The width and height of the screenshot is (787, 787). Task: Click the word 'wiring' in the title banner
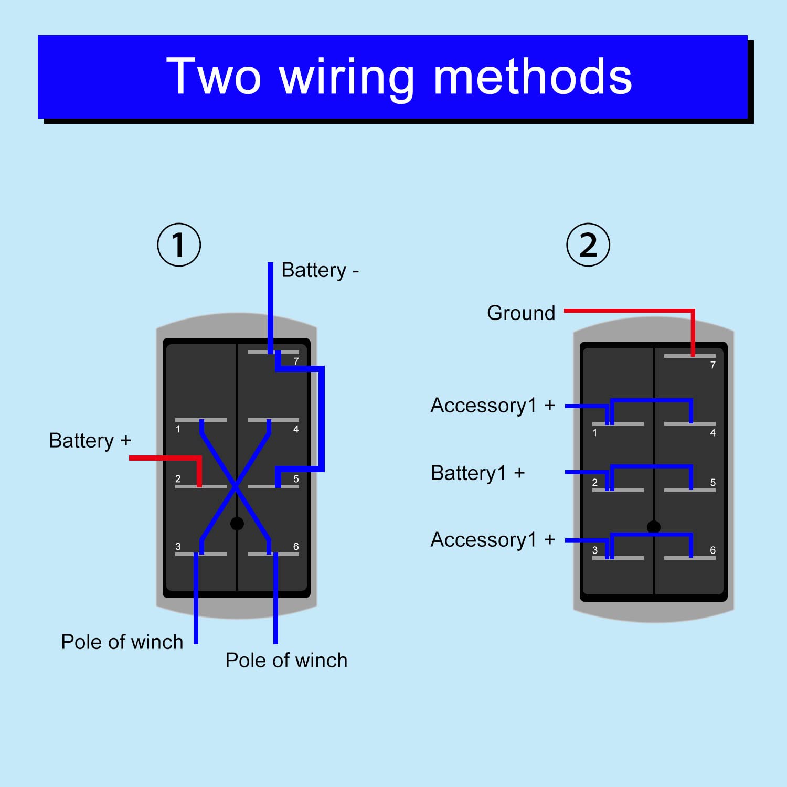346,78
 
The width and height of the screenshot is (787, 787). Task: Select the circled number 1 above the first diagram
179,245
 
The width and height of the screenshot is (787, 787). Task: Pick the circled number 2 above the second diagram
588,245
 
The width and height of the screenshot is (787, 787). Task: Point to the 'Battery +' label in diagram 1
90,441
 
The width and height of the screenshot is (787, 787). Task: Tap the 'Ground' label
521,313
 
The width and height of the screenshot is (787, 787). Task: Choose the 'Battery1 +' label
477,473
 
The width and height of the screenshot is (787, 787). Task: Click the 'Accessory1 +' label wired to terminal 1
492,406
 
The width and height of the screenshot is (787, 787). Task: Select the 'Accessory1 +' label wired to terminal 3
492,540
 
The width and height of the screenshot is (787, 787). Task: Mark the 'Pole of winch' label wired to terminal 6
286,661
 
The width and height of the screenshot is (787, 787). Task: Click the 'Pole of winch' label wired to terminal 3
122,642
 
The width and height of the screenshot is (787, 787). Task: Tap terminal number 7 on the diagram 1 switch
296,361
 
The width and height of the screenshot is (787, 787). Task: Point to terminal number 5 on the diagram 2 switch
712,483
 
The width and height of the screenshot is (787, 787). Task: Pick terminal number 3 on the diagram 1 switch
178,547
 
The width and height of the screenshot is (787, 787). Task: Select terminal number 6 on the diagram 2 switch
712,550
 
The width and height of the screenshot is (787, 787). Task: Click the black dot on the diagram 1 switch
237,523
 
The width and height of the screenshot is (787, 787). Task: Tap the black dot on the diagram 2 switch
654,527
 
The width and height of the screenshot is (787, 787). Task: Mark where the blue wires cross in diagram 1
236,486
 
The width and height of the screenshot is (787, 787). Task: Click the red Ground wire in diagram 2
630,311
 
